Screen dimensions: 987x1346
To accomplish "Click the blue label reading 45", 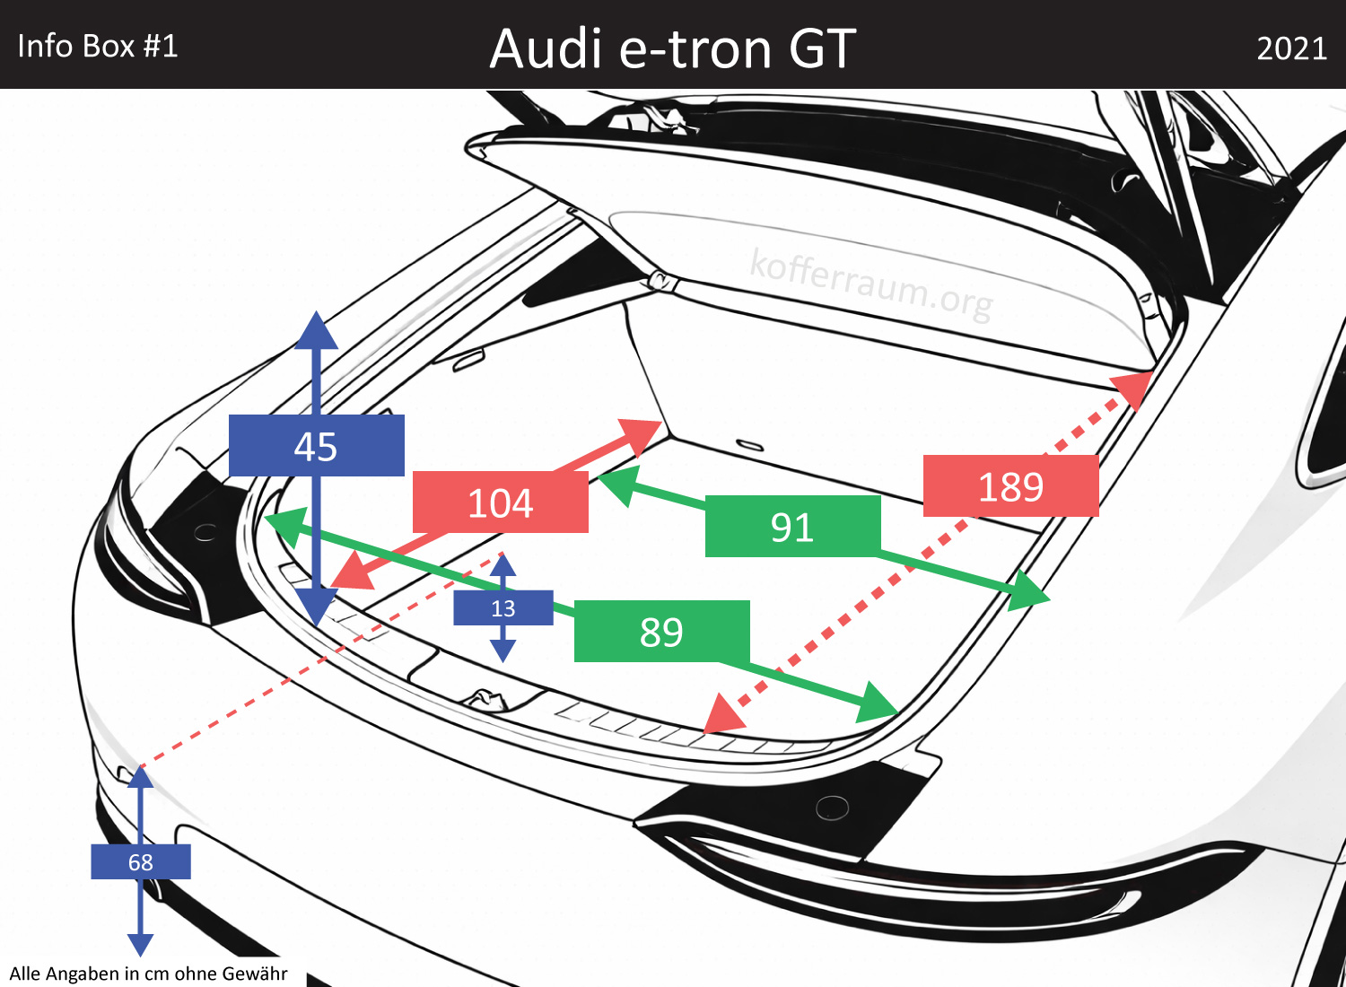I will (x=316, y=446).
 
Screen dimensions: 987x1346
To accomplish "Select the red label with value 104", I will (x=500, y=502).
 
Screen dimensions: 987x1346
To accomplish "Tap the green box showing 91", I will (x=792, y=527).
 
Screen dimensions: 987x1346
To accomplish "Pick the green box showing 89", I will (x=661, y=632).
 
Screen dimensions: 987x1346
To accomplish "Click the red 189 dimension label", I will (x=1010, y=486).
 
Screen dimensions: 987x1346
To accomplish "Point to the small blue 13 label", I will (x=503, y=608).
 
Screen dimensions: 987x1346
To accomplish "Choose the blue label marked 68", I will (x=140, y=862).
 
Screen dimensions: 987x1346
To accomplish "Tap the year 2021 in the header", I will (x=1291, y=48).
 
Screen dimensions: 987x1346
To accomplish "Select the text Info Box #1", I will (x=98, y=46).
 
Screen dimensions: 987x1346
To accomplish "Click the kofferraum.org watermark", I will (x=870, y=284).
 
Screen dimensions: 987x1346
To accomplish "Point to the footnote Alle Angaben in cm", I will (x=148, y=974).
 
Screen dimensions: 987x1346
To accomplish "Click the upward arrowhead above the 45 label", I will (x=316, y=330).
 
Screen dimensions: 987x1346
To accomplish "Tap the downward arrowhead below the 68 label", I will (x=140, y=944).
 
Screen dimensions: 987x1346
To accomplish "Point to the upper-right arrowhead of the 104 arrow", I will (x=642, y=433).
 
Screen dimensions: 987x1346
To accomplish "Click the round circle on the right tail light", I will (x=832, y=808).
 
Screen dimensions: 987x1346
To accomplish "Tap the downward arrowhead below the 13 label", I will (x=503, y=651).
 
